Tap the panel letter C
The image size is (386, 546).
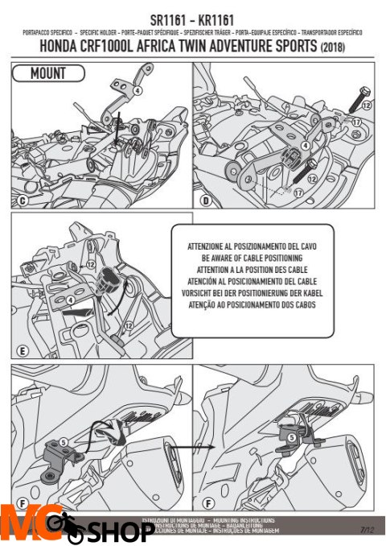click(22, 200)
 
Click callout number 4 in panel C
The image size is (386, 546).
click(138, 91)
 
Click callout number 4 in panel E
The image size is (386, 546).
click(69, 301)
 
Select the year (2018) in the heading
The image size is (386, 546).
click(339, 49)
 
